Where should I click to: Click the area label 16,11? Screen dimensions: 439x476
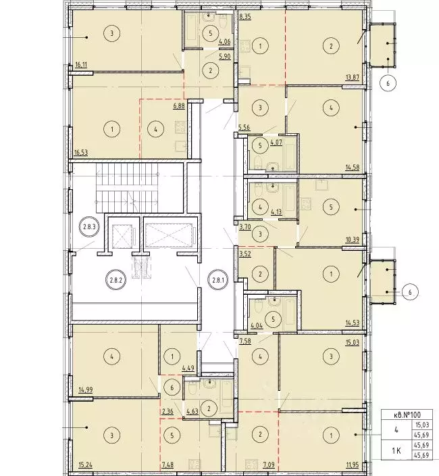(x=80, y=64)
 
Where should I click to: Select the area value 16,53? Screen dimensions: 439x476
(x=81, y=151)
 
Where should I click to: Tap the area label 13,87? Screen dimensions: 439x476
(x=353, y=77)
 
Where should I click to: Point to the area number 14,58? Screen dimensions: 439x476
(x=353, y=167)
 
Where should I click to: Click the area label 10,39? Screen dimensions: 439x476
(x=353, y=239)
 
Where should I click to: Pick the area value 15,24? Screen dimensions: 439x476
(x=81, y=465)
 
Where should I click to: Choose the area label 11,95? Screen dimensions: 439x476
(x=353, y=465)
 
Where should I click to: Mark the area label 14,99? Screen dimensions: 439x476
(x=81, y=389)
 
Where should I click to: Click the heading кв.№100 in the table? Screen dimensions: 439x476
(x=407, y=414)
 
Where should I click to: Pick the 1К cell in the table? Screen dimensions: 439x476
(x=396, y=451)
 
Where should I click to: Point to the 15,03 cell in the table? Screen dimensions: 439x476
(x=421, y=425)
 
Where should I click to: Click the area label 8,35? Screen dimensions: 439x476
(x=245, y=17)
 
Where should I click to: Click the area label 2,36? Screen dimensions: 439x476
(x=167, y=412)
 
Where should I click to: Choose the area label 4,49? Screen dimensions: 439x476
(x=188, y=368)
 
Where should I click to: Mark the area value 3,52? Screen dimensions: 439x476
(x=245, y=254)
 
